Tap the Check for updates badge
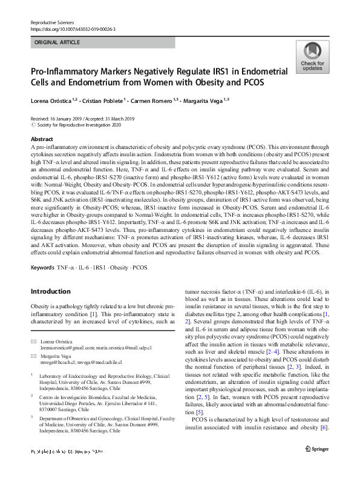click(311, 57)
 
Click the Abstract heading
click(41, 139)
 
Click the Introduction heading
click(50, 291)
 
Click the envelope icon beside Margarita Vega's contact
click(34, 357)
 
